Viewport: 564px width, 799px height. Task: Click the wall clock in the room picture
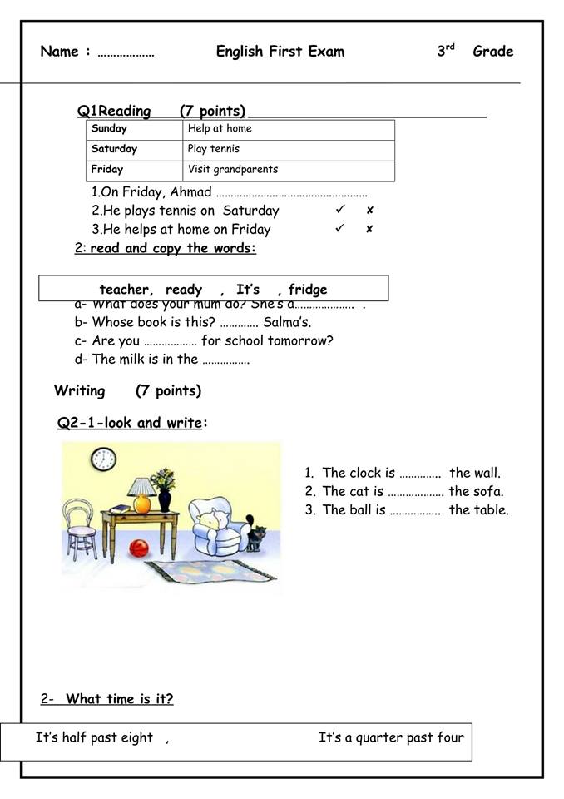point(103,458)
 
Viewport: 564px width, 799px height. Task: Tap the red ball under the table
point(139,548)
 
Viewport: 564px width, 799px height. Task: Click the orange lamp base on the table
point(142,503)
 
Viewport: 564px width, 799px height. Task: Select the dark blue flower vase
point(164,500)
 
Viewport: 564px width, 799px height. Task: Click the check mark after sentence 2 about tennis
point(339,210)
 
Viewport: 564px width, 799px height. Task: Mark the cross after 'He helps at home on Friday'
point(369,229)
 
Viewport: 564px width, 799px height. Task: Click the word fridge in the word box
point(308,290)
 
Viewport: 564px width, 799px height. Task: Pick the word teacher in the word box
point(126,290)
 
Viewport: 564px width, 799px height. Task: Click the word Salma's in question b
point(287,322)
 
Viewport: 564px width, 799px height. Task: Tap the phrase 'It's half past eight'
point(94,737)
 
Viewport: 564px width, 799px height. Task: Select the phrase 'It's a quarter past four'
point(391,737)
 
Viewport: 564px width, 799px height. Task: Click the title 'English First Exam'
point(280,52)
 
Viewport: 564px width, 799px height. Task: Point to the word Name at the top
point(59,52)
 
